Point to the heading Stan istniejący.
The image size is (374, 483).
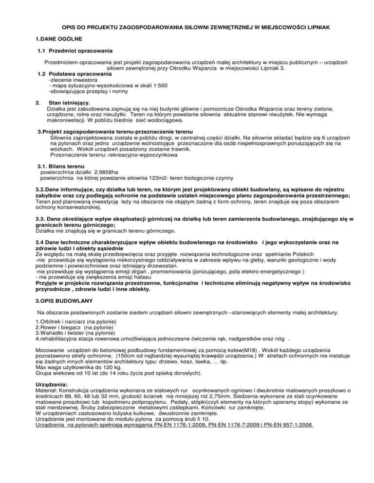point(68,103)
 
